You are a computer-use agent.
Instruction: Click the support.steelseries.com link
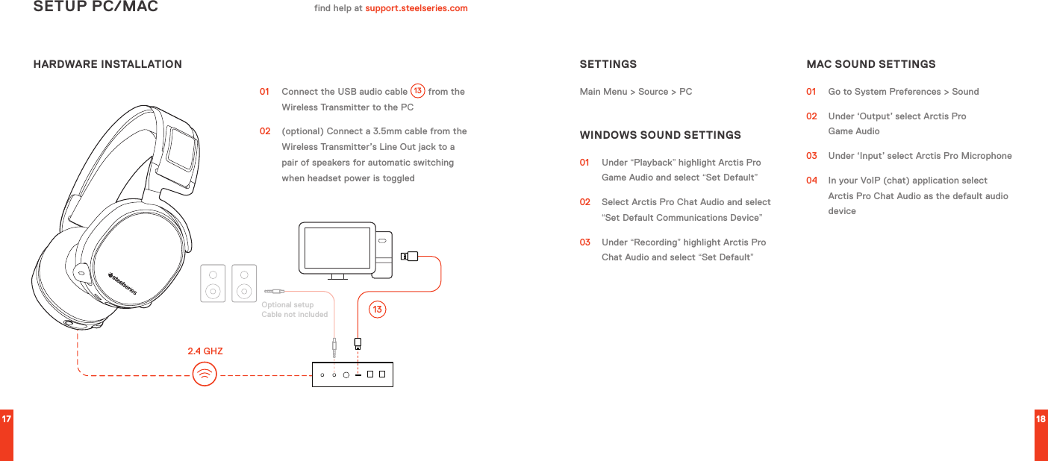pyautogui.click(x=416, y=8)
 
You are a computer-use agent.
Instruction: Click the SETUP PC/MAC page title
pyautogui.click(x=96, y=7)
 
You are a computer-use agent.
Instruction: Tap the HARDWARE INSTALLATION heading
pyautogui.click(x=107, y=64)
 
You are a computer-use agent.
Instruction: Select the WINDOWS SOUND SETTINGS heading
pyautogui.click(x=660, y=135)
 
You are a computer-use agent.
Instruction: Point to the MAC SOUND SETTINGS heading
pyautogui.click(x=870, y=64)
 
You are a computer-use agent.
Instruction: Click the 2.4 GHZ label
pyautogui.click(x=205, y=351)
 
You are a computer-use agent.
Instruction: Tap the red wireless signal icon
pyautogui.click(x=205, y=374)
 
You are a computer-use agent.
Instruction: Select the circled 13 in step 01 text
pyautogui.click(x=417, y=91)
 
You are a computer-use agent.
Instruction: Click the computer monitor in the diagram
pyautogui.click(x=337, y=248)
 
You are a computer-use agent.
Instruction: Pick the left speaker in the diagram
pyautogui.click(x=213, y=283)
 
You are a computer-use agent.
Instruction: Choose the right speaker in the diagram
pyautogui.click(x=244, y=283)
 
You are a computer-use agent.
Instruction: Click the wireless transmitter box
pyautogui.click(x=352, y=374)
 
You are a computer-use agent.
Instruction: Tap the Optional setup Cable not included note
pyautogui.click(x=294, y=310)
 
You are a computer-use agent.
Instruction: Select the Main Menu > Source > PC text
pyautogui.click(x=635, y=92)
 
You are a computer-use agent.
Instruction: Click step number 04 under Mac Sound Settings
pyautogui.click(x=811, y=181)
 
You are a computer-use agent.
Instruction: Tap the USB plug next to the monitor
pyautogui.click(x=410, y=257)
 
